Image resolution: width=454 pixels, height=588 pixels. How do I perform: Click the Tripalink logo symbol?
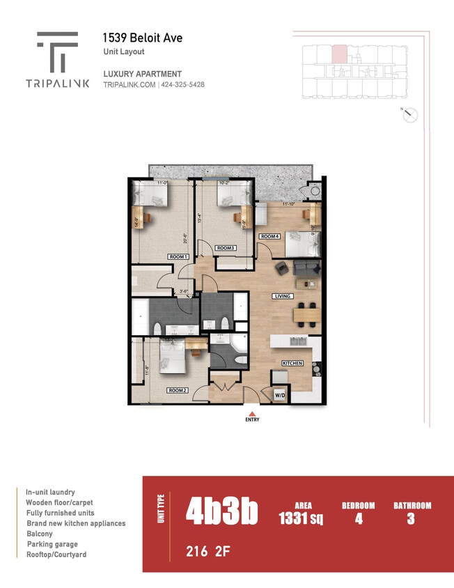pos(57,52)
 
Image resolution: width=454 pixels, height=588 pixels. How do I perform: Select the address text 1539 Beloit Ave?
pos(142,38)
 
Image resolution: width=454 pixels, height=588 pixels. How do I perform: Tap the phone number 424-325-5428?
pos(183,85)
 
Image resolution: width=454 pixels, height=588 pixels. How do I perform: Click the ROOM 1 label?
pos(178,257)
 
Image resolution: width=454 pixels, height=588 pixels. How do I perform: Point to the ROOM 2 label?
pos(178,391)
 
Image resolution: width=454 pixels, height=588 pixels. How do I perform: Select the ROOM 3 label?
pos(225,248)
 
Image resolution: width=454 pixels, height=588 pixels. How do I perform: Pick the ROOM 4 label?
pos(269,237)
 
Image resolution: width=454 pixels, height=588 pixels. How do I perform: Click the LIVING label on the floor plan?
pos(282,296)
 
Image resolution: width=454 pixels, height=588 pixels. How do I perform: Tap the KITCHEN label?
pos(292,364)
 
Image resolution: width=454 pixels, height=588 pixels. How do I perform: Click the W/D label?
pos(280,395)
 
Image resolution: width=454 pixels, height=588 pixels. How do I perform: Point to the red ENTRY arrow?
pos(251,412)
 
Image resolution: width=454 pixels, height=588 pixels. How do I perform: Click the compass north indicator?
pos(410,116)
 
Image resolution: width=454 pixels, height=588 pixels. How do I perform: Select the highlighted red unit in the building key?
pos(339,54)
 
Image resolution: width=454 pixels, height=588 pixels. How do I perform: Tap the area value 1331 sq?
pos(303,518)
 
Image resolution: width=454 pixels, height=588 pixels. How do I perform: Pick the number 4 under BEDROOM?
pos(358,518)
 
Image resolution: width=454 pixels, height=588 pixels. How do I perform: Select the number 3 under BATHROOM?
pos(411,518)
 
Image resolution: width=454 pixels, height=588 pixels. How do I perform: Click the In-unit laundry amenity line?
pos(50,492)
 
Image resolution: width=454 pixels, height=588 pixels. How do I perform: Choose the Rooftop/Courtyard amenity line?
pos(57,555)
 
